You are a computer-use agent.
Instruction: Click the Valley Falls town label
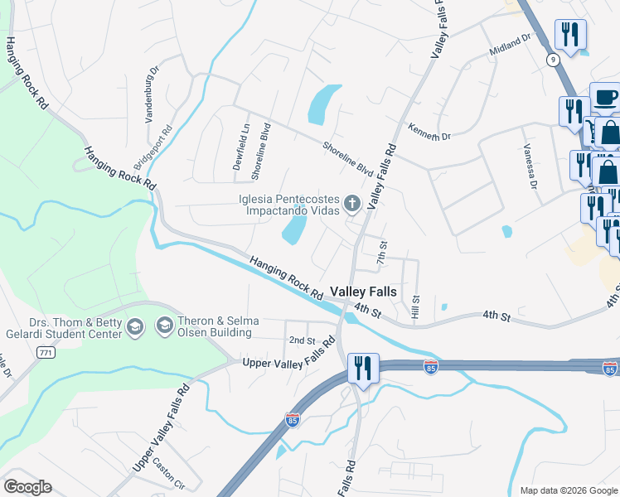point(363,292)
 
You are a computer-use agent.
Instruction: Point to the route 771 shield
point(46,353)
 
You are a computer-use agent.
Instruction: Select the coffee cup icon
point(605,97)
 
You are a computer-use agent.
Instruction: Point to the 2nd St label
point(302,340)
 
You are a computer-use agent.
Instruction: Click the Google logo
point(27,487)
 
